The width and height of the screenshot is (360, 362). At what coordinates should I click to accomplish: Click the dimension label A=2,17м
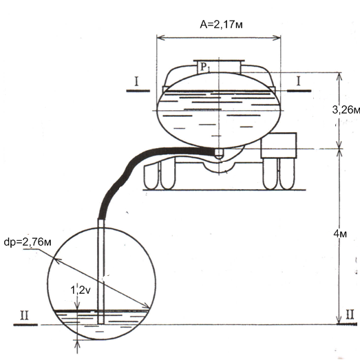221,24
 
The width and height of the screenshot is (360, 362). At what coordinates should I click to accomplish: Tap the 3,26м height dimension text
346,110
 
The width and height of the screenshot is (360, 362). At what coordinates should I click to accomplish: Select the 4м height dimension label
340,234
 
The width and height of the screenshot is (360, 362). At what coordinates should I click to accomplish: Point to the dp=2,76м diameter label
28,242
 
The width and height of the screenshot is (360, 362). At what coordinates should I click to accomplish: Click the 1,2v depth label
81,290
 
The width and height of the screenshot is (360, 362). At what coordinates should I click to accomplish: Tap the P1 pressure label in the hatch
205,67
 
